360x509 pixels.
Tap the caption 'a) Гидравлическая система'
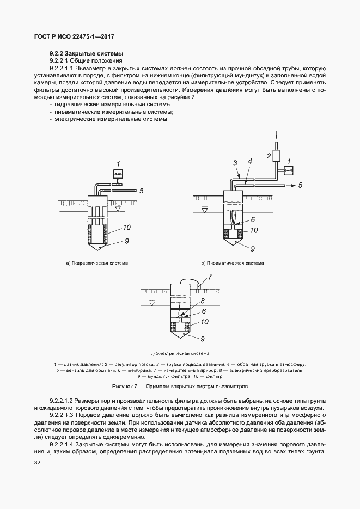click(97, 263)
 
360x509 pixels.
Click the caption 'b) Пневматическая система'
click(233, 263)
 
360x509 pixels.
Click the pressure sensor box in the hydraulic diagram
click(118, 174)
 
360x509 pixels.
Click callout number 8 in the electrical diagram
click(202, 301)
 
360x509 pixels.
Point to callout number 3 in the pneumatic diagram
click(235, 163)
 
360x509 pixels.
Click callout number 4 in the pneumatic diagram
click(249, 162)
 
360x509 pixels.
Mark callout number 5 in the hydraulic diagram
click(141, 191)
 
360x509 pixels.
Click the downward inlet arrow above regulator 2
click(276, 136)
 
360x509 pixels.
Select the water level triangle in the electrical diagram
click(152, 301)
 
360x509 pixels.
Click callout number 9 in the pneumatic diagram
click(252, 249)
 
